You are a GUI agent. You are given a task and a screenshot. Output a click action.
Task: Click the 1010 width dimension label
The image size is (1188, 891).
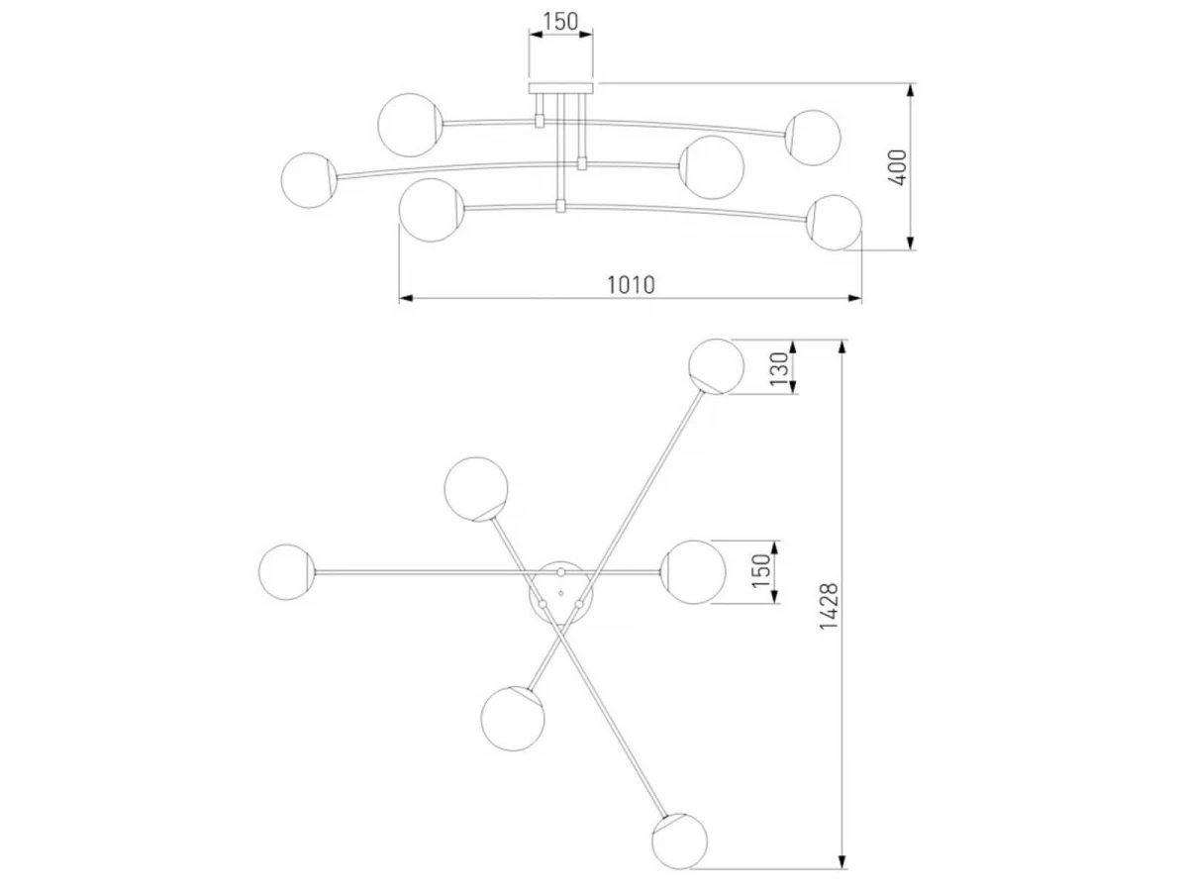click(630, 284)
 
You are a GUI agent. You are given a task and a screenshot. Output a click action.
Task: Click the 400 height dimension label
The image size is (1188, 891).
click(897, 167)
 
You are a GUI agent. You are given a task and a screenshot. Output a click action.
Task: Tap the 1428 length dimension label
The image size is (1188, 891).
click(829, 606)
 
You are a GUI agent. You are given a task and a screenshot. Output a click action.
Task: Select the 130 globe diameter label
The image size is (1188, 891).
click(779, 368)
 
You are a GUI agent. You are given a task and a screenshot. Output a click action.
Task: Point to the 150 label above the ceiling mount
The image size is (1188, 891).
click(560, 21)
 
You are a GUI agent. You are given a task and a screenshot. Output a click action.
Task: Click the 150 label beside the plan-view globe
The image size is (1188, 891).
click(760, 571)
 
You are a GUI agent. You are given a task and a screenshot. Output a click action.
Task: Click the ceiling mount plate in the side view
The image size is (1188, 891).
click(560, 88)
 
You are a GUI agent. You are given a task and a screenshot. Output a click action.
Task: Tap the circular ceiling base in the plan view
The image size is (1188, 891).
click(560, 592)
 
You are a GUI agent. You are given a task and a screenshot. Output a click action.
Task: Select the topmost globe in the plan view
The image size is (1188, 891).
click(716, 366)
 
